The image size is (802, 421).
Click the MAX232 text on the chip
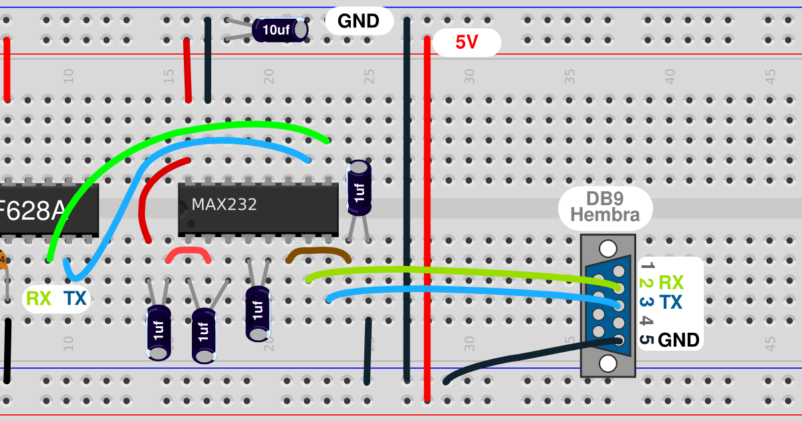pyautogui.click(x=224, y=204)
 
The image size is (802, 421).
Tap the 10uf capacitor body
pyautogui.click(x=280, y=30)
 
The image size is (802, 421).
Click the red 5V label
pyautogui.click(x=466, y=43)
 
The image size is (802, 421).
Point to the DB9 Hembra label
pyautogui.click(x=605, y=206)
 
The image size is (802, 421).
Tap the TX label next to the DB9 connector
pyautogui.click(x=670, y=303)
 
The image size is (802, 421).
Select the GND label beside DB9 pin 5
pyautogui.click(x=678, y=340)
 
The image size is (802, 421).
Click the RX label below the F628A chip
pyautogui.click(x=39, y=299)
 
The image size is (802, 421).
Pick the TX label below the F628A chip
pyautogui.click(x=75, y=299)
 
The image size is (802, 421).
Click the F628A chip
pyautogui.click(x=47, y=210)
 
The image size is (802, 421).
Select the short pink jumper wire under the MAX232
pyautogui.click(x=188, y=253)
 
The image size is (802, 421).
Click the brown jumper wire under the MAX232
pyautogui.click(x=318, y=253)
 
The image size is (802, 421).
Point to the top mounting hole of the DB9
pyautogui.click(x=608, y=249)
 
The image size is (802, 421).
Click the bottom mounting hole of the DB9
pyautogui.click(x=608, y=364)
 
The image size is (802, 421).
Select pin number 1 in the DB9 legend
pyautogui.click(x=646, y=265)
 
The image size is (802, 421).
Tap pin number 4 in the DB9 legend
pyautogui.click(x=646, y=321)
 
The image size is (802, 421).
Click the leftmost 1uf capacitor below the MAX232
pyautogui.click(x=158, y=332)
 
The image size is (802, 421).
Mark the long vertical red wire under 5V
pyautogui.click(x=427, y=221)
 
